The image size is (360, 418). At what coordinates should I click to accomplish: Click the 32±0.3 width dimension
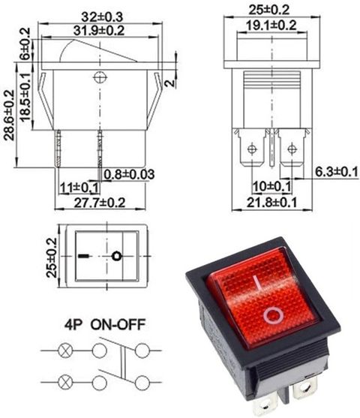tap(102, 17)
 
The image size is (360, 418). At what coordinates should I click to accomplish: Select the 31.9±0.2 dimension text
tap(99, 30)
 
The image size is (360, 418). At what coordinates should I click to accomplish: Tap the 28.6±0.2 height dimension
tap(8, 115)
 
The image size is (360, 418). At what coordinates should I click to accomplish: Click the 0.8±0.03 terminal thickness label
tap(129, 174)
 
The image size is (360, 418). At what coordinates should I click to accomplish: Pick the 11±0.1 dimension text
tap(79, 188)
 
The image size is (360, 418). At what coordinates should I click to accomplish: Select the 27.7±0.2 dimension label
tap(100, 203)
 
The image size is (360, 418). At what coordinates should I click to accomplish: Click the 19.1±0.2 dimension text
tap(271, 26)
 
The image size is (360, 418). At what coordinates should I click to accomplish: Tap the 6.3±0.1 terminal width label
tap(337, 172)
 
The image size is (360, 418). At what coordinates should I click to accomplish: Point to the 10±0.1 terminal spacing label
tap(271, 186)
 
